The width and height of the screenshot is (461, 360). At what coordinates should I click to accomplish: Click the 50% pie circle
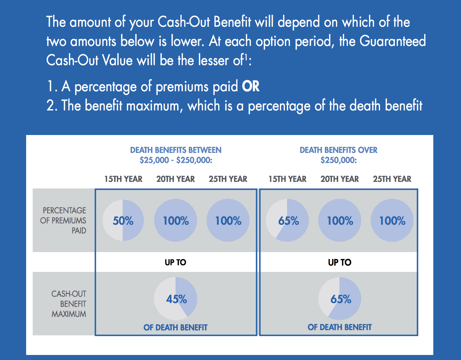click(123, 220)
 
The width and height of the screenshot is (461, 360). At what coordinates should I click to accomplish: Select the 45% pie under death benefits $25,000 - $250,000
click(176, 299)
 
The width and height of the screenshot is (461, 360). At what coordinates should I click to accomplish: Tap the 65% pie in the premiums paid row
click(287, 220)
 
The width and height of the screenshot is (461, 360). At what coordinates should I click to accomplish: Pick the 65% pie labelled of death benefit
click(340, 299)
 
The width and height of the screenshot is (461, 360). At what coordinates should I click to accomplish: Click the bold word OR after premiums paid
click(251, 87)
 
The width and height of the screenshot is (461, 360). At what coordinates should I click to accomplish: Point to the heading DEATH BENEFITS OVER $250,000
click(339, 155)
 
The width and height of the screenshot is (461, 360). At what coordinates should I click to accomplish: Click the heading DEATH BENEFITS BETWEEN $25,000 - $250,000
click(176, 155)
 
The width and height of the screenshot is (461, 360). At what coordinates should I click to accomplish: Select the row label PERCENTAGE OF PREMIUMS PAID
click(64, 220)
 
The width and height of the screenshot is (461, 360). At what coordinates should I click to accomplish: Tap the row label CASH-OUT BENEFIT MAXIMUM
click(69, 304)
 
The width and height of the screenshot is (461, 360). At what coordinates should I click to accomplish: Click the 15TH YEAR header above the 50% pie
click(123, 179)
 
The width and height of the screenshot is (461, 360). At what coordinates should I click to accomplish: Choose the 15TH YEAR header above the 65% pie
click(287, 179)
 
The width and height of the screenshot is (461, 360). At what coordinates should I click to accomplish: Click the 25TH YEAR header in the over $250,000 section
click(392, 179)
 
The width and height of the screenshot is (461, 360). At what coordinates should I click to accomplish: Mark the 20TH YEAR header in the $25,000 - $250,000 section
click(176, 179)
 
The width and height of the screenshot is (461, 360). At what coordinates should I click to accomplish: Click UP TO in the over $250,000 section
click(340, 262)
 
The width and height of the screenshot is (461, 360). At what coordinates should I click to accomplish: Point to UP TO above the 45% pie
click(176, 262)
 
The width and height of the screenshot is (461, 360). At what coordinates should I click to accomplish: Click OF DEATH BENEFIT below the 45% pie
click(176, 328)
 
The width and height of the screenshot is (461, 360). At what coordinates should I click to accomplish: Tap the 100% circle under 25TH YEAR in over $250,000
click(392, 220)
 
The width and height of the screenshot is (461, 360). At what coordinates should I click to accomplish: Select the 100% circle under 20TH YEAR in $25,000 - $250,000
click(176, 220)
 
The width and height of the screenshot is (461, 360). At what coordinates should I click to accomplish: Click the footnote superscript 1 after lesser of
click(246, 57)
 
